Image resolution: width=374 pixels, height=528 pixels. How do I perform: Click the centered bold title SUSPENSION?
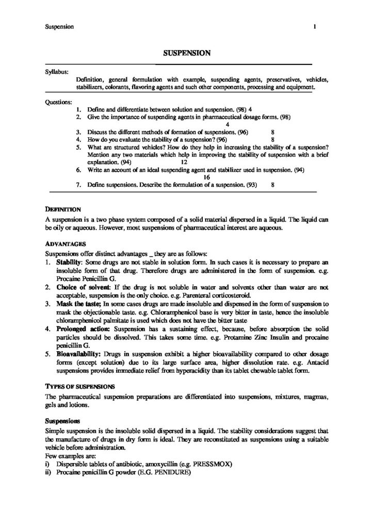tap(187, 52)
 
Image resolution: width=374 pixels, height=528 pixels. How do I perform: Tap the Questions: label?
tap(58, 102)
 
